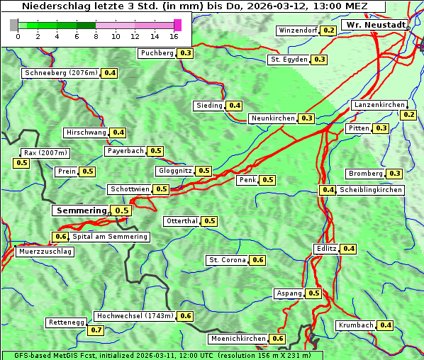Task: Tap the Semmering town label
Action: pyautogui.click(x=81, y=210)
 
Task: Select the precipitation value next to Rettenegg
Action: pyautogui.click(x=96, y=330)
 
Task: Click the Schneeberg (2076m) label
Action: pyautogui.click(x=60, y=73)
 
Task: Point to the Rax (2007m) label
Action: pyautogui.click(x=45, y=153)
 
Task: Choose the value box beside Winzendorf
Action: pyautogui.click(x=328, y=30)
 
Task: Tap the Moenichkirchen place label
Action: pyautogui.click(x=238, y=339)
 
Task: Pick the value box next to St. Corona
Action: pyautogui.click(x=258, y=260)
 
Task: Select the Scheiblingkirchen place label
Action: pyautogui.click(x=370, y=190)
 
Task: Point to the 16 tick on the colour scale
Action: pyautogui.click(x=174, y=36)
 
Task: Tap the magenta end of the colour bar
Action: pyautogui.click(x=177, y=25)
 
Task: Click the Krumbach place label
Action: pyautogui.click(x=356, y=325)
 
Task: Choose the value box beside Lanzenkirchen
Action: pyautogui.click(x=408, y=115)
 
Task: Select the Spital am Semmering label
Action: pyautogui.click(x=110, y=237)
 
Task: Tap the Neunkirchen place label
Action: pyautogui.click(x=273, y=118)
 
